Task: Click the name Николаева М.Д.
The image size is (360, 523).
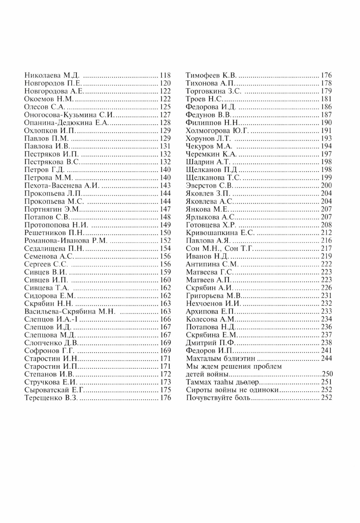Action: (x=52, y=75)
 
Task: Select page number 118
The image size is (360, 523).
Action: (x=165, y=75)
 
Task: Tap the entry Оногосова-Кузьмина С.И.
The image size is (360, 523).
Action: (x=69, y=115)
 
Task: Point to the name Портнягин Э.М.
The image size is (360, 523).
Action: (x=52, y=209)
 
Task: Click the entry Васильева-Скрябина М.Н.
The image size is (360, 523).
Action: (x=70, y=311)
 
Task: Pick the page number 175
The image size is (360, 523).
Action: (x=165, y=390)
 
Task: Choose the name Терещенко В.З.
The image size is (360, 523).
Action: (x=51, y=398)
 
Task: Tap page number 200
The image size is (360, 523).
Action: (x=327, y=185)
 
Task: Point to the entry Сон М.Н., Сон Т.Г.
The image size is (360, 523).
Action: (x=219, y=248)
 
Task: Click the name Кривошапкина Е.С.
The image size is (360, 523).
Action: (x=220, y=233)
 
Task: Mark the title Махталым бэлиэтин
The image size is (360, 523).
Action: (x=220, y=359)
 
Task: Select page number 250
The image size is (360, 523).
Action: (x=327, y=374)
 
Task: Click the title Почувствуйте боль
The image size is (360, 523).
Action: (x=218, y=398)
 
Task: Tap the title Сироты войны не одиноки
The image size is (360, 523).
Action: (x=232, y=390)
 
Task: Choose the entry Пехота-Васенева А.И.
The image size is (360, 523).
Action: (x=62, y=185)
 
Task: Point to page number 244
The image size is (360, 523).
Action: (x=327, y=359)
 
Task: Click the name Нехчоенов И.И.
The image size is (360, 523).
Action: (x=213, y=303)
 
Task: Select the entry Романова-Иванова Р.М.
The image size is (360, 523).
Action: (x=66, y=240)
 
